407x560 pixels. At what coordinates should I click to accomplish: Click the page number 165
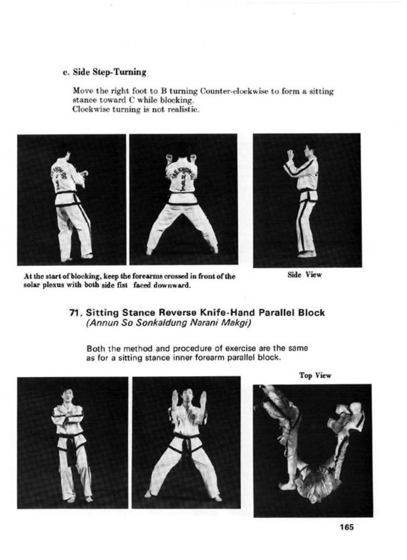click(346, 527)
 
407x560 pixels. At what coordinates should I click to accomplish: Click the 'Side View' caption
click(304, 275)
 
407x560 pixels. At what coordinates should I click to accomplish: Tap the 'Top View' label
click(315, 375)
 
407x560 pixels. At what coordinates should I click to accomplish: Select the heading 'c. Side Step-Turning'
click(105, 72)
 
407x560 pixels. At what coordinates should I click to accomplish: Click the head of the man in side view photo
click(309, 149)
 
